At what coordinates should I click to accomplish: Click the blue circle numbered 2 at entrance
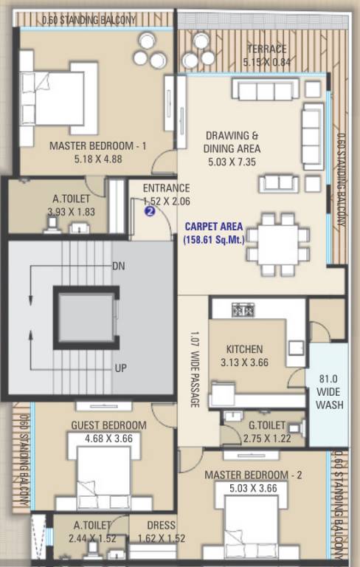150,211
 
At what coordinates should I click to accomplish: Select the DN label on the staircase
118,266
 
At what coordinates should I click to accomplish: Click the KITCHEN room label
244,349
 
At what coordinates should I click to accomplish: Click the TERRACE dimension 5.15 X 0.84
266,62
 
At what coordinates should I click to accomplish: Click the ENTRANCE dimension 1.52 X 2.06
166,200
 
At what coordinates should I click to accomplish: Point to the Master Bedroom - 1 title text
98,146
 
